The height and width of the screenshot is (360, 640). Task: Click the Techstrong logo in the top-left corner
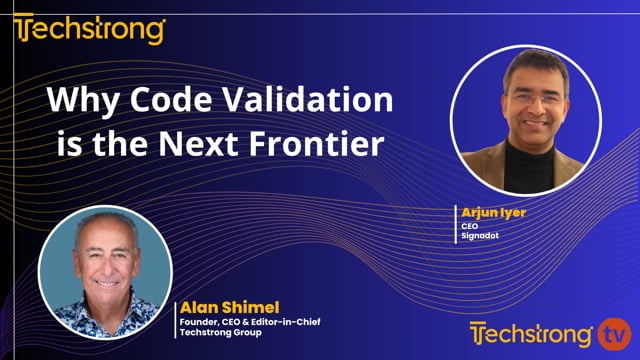pyautogui.click(x=88, y=30)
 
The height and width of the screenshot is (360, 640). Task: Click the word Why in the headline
pyautogui.click(x=77, y=101)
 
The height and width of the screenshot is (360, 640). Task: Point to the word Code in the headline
pyautogui.click(x=159, y=101)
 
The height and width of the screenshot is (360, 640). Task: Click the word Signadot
pyautogui.click(x=479, y=237)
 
